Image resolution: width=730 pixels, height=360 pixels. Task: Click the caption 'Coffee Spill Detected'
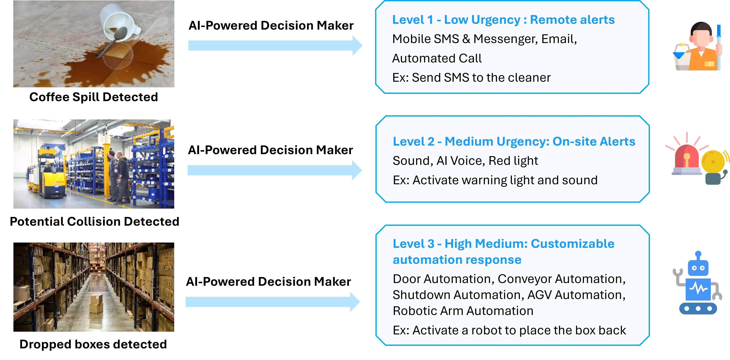pyautogui.click(x=93, y=97)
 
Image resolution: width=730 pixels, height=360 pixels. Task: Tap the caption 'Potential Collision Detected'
pyautogui.click(x=94, y=221)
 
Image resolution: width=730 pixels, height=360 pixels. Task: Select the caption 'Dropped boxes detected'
pyautogui.click(x=93, y=344)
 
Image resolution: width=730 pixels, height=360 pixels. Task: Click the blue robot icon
pyautogui.click(x=698, y=283)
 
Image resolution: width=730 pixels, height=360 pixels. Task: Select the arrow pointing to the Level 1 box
pyautogui.click(x=275, y=46)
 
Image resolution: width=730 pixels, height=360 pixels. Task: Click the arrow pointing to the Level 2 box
pyautogui.click(x=275, y=170)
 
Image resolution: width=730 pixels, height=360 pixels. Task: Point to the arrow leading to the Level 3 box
pyautogui.click(x=273, y=302)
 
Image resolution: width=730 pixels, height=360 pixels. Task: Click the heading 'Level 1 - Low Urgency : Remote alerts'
pyautogui.click(x=503, y=20)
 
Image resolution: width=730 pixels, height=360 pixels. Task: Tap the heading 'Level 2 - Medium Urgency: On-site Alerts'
pyautogui.click(x=514, y=141)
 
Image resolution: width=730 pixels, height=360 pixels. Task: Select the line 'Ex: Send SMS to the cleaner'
pyautogui.click(x=471, y=77)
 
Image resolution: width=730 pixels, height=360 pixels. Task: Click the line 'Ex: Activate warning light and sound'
pyautogui.click(x=495, y=180)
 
